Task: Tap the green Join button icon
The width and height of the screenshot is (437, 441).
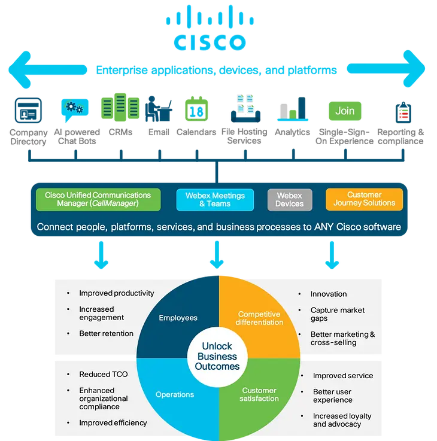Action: (x=345, y=111)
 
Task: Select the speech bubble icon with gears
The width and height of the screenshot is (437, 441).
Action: (x=75, y=110)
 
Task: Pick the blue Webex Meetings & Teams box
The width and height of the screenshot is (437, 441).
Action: (x=215, y=199)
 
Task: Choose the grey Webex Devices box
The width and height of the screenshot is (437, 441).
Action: (x=289, y=199)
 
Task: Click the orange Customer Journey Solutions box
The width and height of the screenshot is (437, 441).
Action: (x=364, y=199)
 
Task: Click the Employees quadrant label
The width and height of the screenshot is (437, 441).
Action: (x=178, y=318)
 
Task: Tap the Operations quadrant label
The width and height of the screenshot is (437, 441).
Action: (x=175, y=394)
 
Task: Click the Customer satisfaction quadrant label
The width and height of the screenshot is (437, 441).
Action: (x=260, y=394)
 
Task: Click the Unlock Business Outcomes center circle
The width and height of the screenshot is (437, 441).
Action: (x=218, y=357)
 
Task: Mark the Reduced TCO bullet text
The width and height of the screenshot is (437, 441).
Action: (x=103, y=375)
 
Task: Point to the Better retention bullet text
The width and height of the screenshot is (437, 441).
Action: (x=107, y=333)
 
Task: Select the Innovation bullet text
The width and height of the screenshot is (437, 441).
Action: (x=329, y=294)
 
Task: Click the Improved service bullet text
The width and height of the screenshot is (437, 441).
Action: (x=343, y=376)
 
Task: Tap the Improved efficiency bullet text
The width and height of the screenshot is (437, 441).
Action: (x=113, y=422)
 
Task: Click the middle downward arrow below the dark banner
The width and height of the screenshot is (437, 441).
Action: (x=217, y=256)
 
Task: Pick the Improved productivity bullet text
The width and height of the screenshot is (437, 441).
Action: (x=117, y=293)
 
